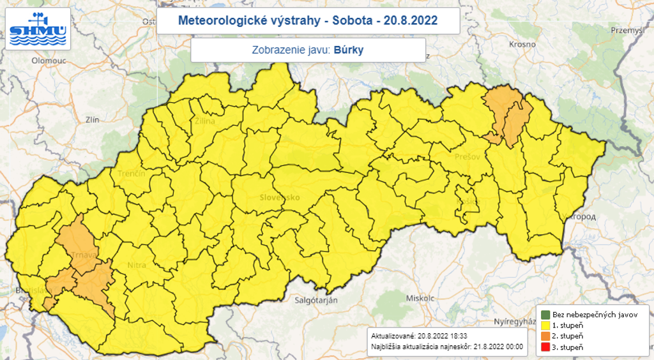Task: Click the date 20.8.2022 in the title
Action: click(x=411, y=20)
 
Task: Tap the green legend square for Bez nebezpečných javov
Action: click(x=545, y=315)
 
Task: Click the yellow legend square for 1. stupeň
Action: click(x=545, y=326)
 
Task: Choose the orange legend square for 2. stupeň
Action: click(x=545, y=336)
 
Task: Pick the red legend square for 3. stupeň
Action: click(x=545, y=347)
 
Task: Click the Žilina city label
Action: click(x=206, y=121)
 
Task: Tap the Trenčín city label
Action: click(x=132, y=174)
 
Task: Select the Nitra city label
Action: click(x=136, y=264)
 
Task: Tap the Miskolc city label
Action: click(x=420, y=298)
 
